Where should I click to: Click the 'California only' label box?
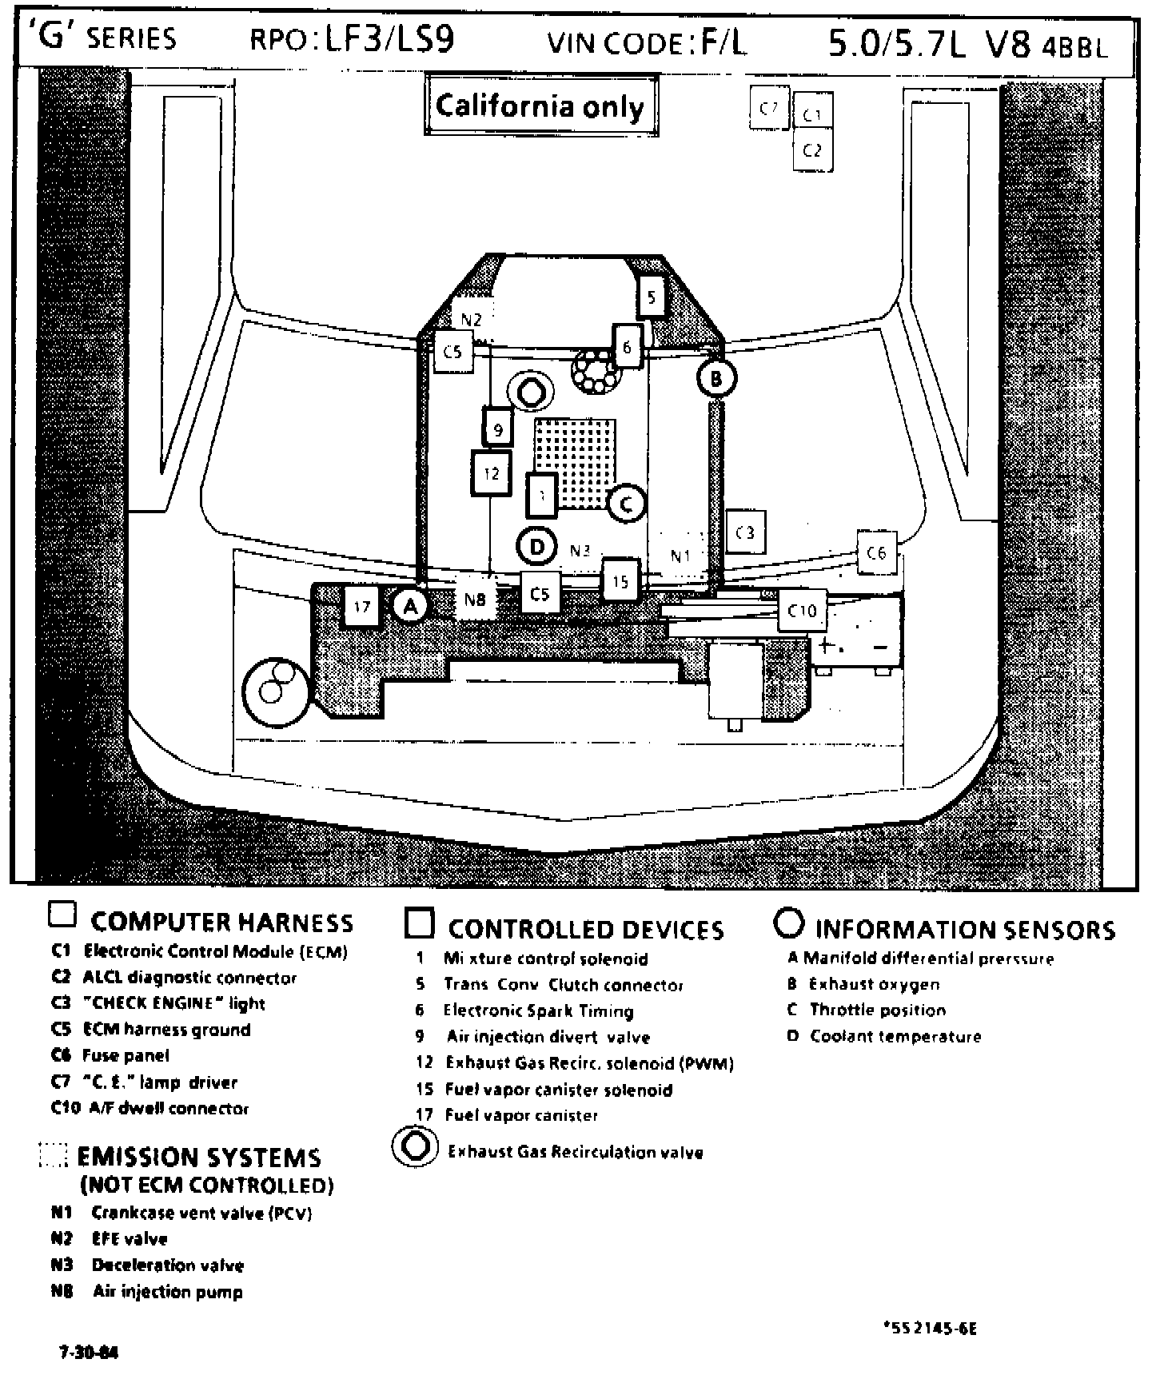coord(540,106)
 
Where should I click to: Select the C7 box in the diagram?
coord(769,107)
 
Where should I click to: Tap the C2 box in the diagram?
coord(812,150)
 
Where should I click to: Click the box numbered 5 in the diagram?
coord(652,298)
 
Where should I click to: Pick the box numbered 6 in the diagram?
coord(628,346)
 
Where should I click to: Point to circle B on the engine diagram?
coord(716,378)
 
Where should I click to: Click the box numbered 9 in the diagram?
coord(497,429)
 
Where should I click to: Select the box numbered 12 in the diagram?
coord(491,473)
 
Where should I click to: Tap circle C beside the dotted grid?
coord(626,504)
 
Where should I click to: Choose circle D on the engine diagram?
coord(537,547)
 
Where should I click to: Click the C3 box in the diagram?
coord(745,532)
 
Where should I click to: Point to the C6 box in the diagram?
coord(876,552)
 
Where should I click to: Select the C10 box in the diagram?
coord(802,611)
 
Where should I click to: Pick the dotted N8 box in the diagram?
coord(475,598)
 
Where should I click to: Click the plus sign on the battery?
coord(826,646)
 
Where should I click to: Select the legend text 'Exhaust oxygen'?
coord(874,984)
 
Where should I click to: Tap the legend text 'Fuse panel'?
coord(126,1055)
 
